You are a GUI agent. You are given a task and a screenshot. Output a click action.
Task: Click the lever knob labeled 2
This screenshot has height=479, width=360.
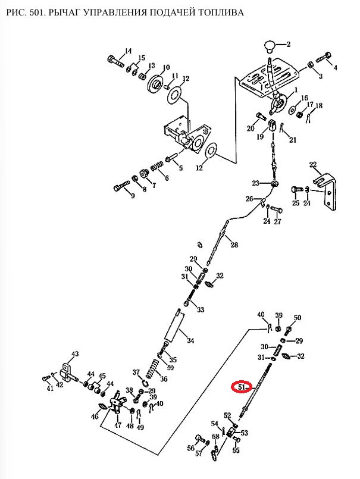pyautogui.click(x=270, y=46)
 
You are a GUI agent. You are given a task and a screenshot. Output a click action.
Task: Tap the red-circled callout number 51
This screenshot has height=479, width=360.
pyautogui.click(x=242, y=387)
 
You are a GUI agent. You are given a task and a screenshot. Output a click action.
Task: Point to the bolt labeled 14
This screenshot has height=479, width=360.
pyautogui.click(x=116, y=61)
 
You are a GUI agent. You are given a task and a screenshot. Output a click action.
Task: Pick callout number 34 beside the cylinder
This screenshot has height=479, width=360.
pyautogui.click(x=190, y=340)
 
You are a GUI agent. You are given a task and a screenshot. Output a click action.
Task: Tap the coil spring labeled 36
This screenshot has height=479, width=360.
pyautogui.click(x=152, y=368)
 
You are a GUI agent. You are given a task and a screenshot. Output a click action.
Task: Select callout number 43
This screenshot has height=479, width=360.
pyautogui.click(x=75, y=354)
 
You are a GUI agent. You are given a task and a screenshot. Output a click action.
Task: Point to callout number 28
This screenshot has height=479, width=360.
pyautogui.click(x=234, y=245)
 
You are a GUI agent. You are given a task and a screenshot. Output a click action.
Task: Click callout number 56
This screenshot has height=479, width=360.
pyautogui.click(x=191, y=448)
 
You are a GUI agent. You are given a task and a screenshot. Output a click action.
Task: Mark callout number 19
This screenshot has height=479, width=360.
pyautogui.click(x=260, y=136)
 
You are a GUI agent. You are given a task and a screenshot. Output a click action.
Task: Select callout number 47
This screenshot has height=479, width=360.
pyautogui.click(x=118, y=425)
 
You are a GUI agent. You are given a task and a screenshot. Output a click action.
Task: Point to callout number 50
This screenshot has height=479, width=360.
pyautogui.click(x=298, y=317)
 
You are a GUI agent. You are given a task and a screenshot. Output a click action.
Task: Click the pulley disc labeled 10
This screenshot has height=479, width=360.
pyautogui.click(x=156, y=84)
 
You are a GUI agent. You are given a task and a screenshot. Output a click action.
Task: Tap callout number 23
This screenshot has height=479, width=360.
pyautogui.click(x=255, y=183)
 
